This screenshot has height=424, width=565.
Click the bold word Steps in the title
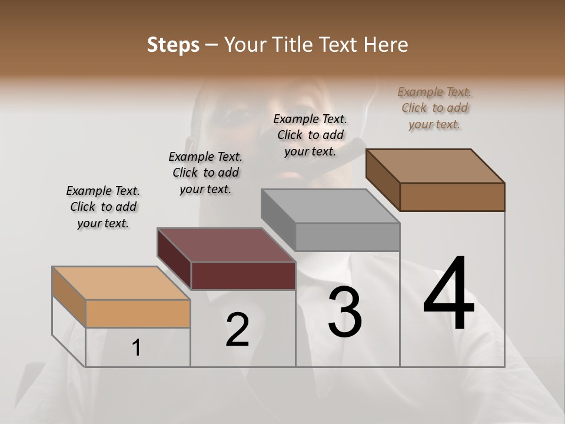172,45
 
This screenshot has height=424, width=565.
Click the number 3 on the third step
345,312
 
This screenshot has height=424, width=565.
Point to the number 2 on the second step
237,330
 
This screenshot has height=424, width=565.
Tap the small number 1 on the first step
137,348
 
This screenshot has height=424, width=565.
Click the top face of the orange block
121,283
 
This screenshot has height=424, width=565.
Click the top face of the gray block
331,206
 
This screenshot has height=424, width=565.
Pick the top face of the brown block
436,166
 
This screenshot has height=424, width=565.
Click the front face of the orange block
138,313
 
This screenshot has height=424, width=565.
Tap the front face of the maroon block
243,276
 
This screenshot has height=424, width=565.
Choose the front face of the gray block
347,237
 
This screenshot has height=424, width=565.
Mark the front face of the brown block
452,197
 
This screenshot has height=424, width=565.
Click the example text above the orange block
103,207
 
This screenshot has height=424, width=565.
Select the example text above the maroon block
205,173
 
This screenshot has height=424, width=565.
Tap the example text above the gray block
310,135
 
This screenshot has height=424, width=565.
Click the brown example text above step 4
434,108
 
